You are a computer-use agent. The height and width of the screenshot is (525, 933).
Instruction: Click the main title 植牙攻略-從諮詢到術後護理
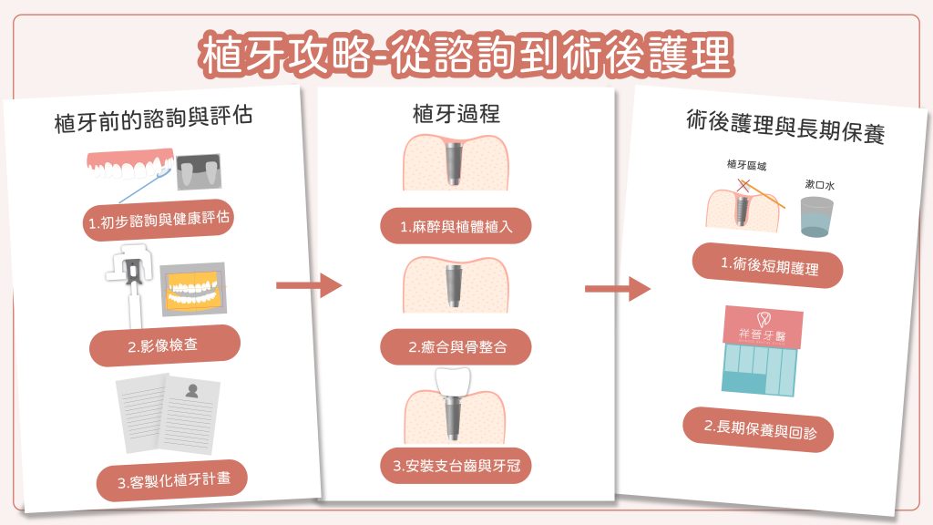point(466,55)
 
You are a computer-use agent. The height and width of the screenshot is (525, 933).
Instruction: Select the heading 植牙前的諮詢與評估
point(153,121)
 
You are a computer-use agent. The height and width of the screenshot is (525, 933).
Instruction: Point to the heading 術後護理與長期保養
point(785,127)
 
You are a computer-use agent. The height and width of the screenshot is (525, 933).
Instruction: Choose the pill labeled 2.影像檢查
point(165,345)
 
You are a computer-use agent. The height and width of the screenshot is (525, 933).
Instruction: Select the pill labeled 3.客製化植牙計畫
point(171,479)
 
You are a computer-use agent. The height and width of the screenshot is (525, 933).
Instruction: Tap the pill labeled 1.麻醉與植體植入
point(456,226)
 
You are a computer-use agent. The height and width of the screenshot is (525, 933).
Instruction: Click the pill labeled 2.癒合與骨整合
point(456,346)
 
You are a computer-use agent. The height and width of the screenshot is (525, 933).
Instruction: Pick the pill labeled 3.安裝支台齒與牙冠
point(456,466)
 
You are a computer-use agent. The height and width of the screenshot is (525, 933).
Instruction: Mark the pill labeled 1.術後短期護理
point(767,266)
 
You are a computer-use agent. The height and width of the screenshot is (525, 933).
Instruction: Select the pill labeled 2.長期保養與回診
point(758,427)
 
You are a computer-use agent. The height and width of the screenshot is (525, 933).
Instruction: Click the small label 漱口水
point(819,184)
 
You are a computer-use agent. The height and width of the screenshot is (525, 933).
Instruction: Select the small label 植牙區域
point(746,166)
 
